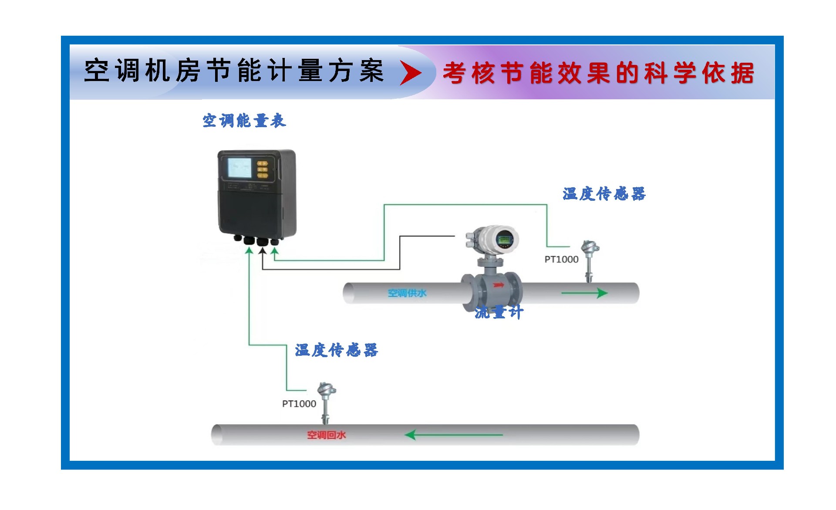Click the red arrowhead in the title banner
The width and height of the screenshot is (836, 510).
(411, 73)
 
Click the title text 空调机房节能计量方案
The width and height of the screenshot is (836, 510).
(234, 71)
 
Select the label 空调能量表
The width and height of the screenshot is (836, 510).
(244, 121)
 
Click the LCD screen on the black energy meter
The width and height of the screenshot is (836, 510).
(239, 168)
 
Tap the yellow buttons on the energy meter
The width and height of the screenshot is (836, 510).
(263, 169)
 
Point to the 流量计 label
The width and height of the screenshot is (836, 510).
(499, 312)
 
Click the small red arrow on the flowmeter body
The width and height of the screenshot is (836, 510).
(498, 285)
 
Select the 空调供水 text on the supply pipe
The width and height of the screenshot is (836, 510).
(407, 293)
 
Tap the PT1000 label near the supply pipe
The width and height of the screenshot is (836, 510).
(561, 260)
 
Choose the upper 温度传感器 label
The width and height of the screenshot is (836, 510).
(603, 194)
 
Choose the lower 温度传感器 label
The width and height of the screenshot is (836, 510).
(336, 350)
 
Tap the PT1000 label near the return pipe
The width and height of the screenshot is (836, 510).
(299, 404)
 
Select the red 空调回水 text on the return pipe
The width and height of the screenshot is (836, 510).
(326, 435)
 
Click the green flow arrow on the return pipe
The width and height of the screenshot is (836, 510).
(453, 435)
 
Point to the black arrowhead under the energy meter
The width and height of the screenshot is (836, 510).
(263, 251)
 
